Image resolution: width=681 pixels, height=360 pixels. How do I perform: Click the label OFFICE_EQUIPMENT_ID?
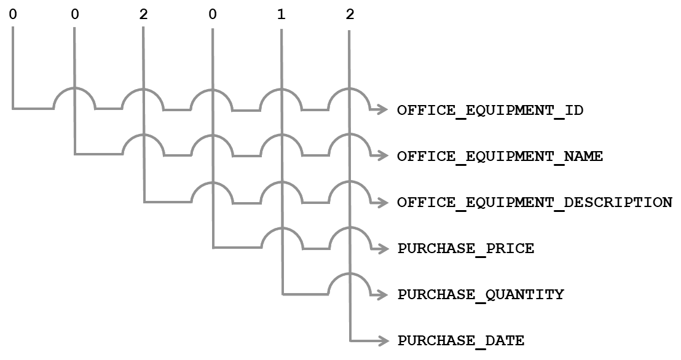click(x=490, y=111)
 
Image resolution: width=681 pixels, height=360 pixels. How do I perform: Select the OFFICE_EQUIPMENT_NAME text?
click(x=500, y=157)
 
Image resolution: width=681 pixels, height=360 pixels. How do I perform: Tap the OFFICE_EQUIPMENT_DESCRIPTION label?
click(x=535, y=203)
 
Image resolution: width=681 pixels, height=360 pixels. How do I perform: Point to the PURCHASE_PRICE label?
click(x=465, y=249)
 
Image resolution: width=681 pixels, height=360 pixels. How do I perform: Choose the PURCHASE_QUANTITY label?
click(x=480, y=295)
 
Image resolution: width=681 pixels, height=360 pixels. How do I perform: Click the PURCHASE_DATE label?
click(x=460, y=340)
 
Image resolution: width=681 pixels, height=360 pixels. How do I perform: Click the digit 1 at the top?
click(x=281, y=14)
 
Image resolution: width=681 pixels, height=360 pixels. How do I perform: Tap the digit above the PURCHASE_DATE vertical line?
click(x=350, y=14)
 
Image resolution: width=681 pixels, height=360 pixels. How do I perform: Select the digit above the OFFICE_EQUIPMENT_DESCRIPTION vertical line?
click(x=143, y=14)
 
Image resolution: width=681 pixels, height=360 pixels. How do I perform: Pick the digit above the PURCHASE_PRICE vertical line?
click(x=212, y=14)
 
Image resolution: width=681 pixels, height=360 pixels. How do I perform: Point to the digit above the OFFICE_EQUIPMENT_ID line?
click(x=12, y=14)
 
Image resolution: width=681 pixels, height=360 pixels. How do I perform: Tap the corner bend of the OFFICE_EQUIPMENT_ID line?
click(x=13, y=109)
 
